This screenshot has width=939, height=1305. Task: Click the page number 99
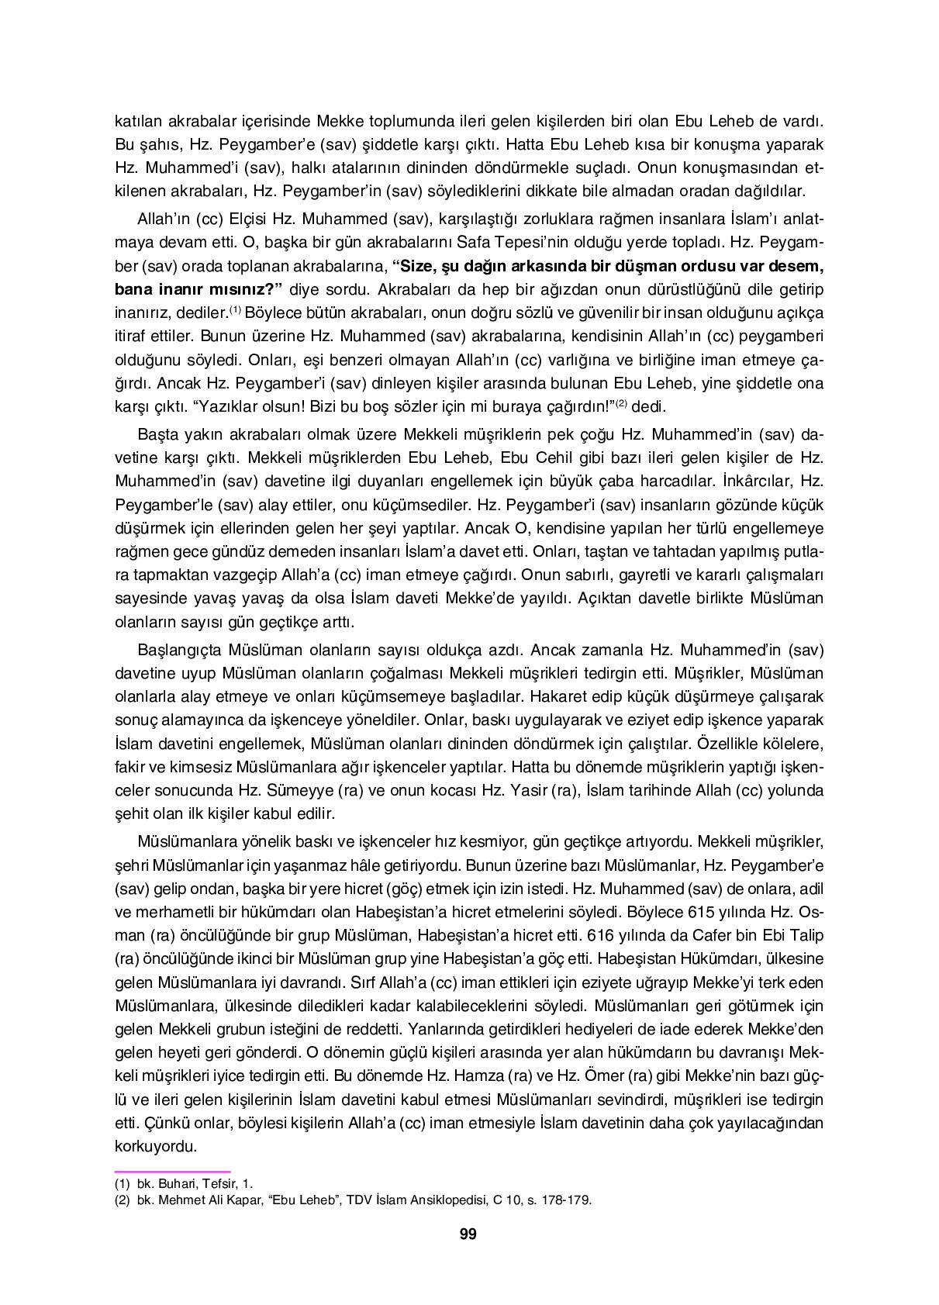click(468, 1234)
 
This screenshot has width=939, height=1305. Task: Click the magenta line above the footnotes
click(172, 1172)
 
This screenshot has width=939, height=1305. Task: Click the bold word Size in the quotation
click(416, 265)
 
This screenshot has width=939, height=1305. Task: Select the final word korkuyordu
click(155, 1146)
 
